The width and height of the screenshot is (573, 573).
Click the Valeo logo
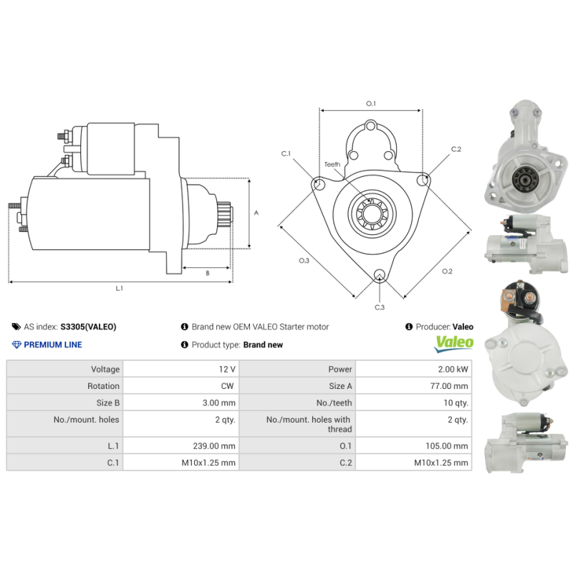coord(454,342)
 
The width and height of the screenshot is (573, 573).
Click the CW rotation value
coord(228,386)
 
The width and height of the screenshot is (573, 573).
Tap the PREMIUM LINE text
coord(52,345)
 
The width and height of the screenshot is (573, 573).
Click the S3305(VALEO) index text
coord(87,327)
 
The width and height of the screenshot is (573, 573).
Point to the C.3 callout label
coord(380,307)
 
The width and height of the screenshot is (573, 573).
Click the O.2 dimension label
coord(447,271)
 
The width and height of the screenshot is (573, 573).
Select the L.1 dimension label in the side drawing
coord(120,288)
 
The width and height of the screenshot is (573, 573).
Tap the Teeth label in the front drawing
coord(332,164)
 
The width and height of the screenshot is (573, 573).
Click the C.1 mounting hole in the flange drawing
coord(319,185)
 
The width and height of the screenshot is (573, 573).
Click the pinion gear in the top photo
coord(528,179)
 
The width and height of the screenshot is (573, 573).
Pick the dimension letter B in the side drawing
coord(207,273)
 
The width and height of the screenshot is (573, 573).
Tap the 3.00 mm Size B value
coord(218,403)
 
